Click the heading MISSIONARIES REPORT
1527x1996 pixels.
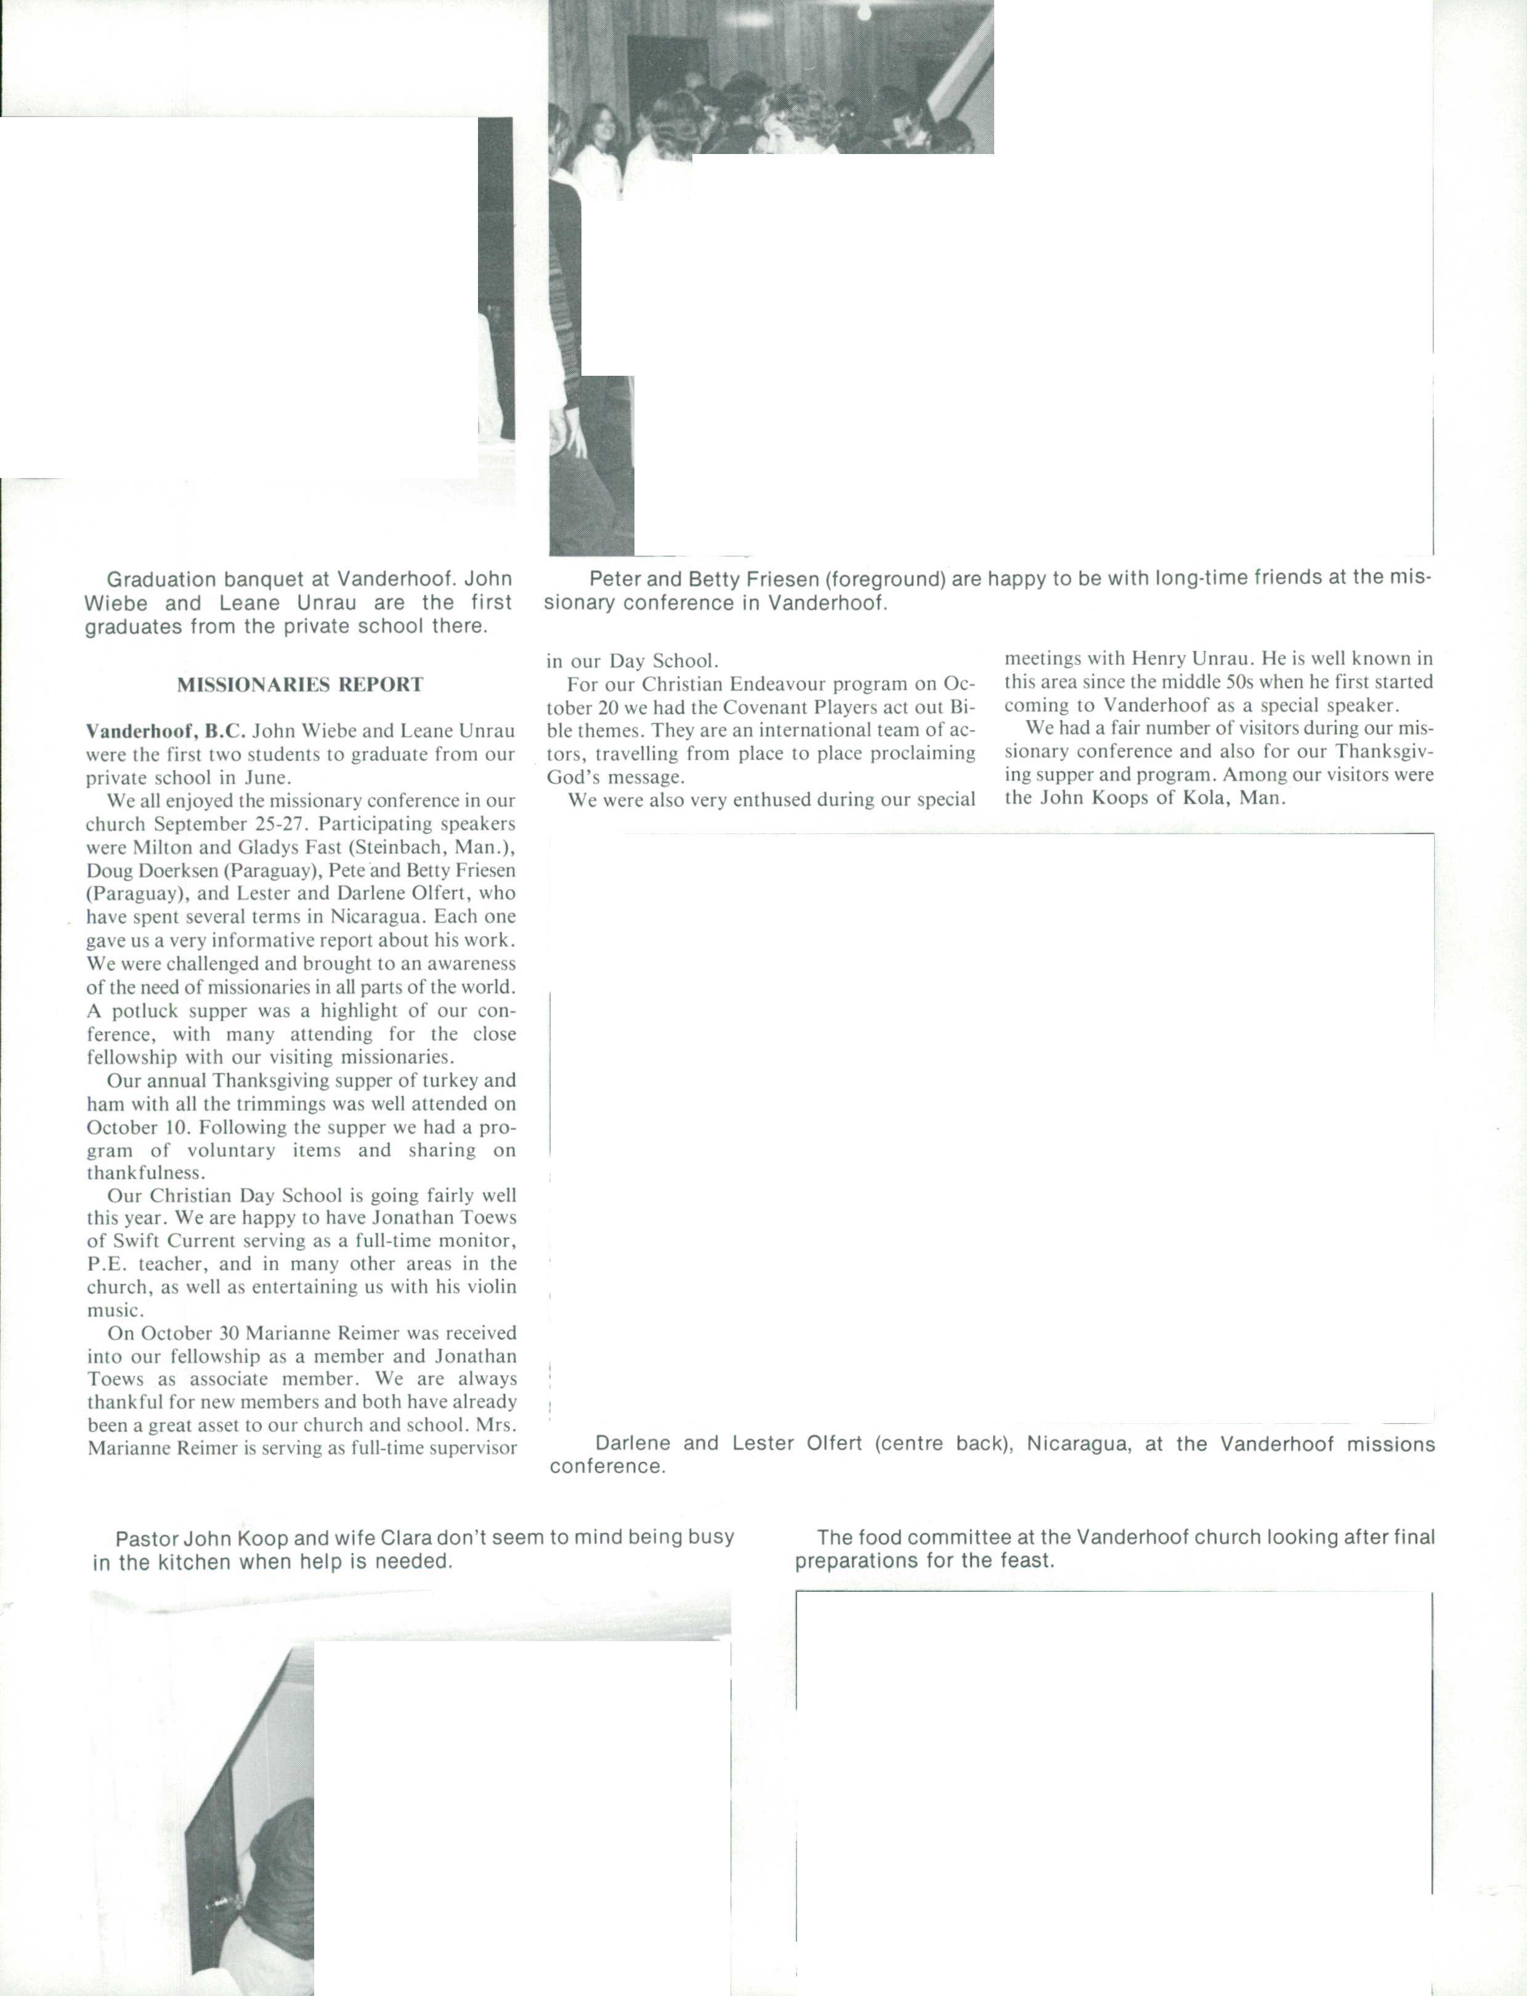(x=300, y=685)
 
